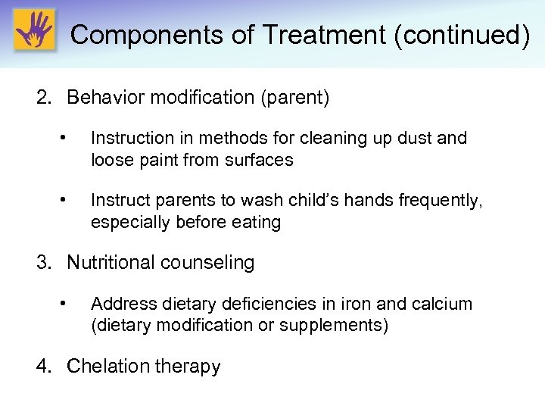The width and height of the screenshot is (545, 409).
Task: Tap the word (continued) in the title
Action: pos(462,35)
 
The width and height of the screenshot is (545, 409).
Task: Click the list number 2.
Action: pos(45,98)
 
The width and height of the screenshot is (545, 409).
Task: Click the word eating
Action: pos(257,222)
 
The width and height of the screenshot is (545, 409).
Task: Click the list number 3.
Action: pos(45,263)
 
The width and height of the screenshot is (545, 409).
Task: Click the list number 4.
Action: pos(45,367)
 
